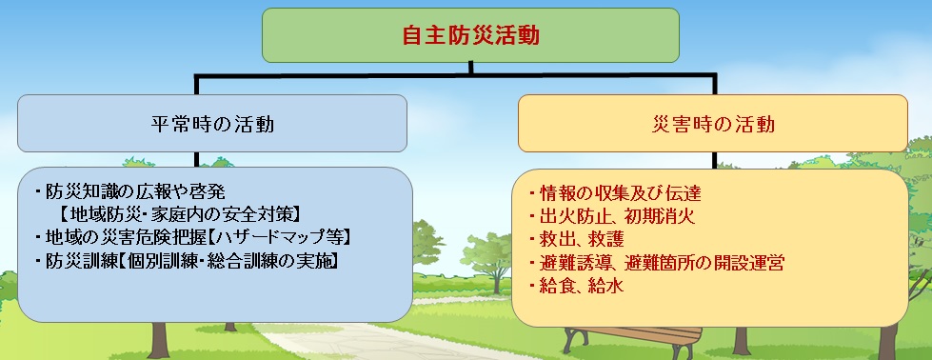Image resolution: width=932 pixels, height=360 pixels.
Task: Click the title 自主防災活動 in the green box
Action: coord(470,35)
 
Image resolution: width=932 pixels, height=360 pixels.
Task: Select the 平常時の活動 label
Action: coord(212,125)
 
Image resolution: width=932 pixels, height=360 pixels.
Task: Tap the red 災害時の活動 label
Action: coord(713,125)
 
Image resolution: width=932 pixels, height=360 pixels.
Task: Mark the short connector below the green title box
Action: coord(470,68)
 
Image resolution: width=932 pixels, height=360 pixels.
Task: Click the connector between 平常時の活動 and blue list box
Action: coord(195,159)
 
